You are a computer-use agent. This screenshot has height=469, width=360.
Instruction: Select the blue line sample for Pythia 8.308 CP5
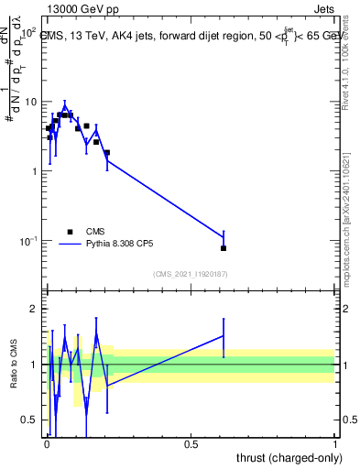(x=70, y=245)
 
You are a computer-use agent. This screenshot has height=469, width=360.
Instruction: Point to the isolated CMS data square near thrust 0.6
(x=224, y=248)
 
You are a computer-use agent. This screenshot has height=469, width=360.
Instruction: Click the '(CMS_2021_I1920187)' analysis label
(x=190, y=274)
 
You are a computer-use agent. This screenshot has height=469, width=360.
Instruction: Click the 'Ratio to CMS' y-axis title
(x=15, y=365)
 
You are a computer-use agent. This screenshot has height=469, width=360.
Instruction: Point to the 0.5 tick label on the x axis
(x=191, y=443)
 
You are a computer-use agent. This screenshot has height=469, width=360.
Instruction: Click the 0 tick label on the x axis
(x=46, y=443)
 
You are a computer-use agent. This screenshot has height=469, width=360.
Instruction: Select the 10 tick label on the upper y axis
(x=30, y=102)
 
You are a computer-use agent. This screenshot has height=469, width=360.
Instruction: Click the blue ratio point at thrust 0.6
(x=224, y=335)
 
